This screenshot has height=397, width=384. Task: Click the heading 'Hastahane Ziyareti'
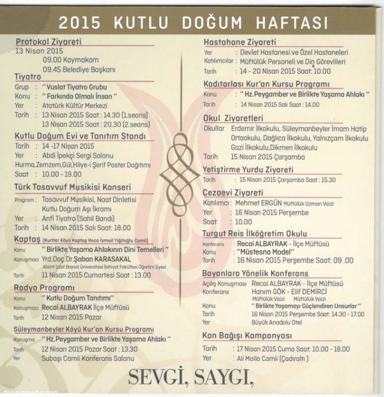point(240,42)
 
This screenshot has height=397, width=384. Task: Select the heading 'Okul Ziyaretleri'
point(233,119)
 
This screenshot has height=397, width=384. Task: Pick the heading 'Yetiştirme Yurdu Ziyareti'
point(248,169)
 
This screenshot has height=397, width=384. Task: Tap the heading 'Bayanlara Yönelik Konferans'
point(255,274)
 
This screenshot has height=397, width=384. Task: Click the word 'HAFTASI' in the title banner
point(291,23)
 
